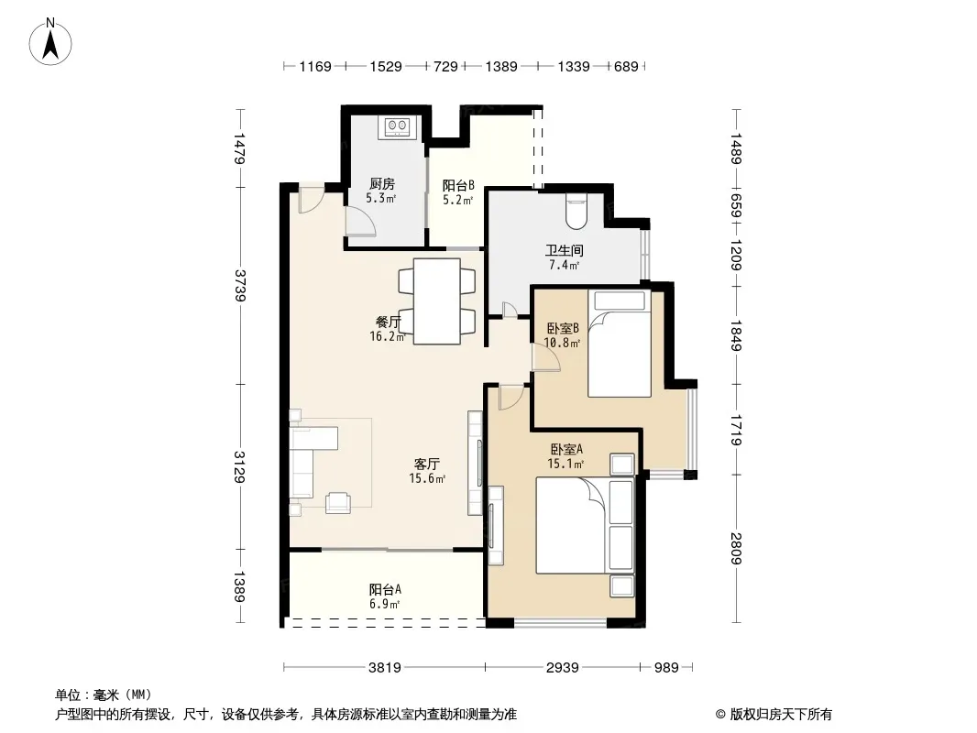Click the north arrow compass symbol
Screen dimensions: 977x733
[50, 42]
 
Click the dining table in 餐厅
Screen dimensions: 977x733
[437, 301]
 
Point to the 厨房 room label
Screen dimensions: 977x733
[381, 184]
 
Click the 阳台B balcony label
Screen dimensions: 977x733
[458, 185]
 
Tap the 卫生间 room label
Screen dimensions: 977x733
[565, 250]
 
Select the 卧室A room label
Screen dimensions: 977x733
[566, 449]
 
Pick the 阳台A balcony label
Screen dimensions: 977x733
[385, 589]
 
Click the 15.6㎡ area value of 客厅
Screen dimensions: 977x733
[427, 479]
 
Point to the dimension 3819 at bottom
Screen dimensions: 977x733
[384, 668]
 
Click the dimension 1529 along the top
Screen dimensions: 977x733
[386, 66]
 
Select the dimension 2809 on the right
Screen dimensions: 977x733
[736, 548]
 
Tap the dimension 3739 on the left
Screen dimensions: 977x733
[240, 285]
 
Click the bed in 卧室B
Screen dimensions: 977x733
[620, 344]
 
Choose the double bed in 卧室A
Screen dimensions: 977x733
[585, 525]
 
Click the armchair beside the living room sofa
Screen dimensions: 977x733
[337, 502]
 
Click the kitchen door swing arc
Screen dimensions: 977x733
[361, 220]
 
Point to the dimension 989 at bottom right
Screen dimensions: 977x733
[666, 668]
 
